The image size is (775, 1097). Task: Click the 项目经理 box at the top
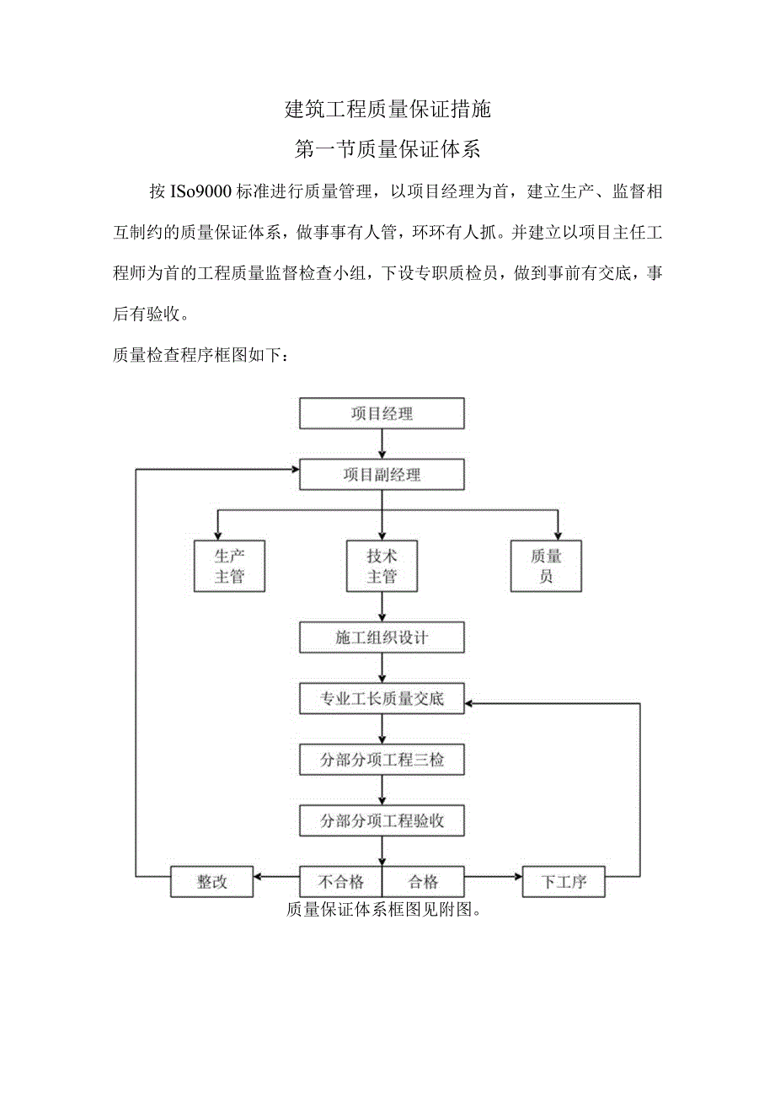382,413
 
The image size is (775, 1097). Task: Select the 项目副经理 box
382,475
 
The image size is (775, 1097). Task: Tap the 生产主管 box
229,566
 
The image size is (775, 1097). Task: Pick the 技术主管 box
382,566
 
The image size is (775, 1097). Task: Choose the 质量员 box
546,566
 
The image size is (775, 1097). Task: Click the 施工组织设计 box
382,637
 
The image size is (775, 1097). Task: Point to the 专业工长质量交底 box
382,699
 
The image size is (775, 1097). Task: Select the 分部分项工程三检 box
382,760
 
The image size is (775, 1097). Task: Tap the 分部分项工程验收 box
382,820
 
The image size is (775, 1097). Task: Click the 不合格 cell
341,882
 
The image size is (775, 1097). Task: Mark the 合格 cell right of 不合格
423,882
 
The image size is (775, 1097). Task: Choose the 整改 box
212,882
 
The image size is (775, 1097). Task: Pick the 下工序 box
563,883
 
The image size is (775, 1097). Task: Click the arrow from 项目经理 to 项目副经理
382,444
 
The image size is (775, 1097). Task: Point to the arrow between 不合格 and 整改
276,877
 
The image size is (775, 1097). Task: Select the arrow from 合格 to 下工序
494,877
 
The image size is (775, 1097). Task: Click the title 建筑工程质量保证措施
387,109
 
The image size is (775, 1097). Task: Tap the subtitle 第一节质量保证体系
387,150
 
